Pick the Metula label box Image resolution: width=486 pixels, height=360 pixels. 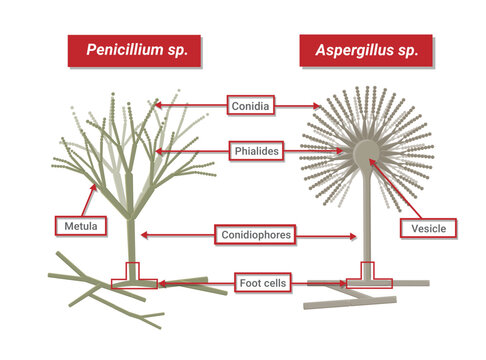(76, 227)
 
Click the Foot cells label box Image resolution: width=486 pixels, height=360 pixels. (262, 284)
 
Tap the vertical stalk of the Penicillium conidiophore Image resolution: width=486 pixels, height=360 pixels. (131, 240)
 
